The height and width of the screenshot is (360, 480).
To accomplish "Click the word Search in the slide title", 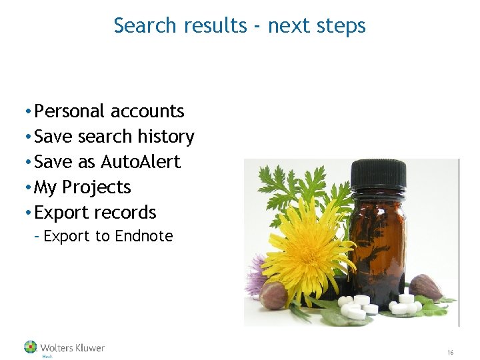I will (143, 25).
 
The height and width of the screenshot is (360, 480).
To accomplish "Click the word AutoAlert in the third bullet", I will (141, 162).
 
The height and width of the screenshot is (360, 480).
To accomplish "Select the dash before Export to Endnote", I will (37, 236).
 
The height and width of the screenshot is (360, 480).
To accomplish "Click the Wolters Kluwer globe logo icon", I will (31, 347).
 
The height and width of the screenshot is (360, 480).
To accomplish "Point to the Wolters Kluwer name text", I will (72, 347).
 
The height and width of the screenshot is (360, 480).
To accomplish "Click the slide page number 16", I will (450, 352).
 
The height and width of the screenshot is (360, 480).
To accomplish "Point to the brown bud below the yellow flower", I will (273, 295).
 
